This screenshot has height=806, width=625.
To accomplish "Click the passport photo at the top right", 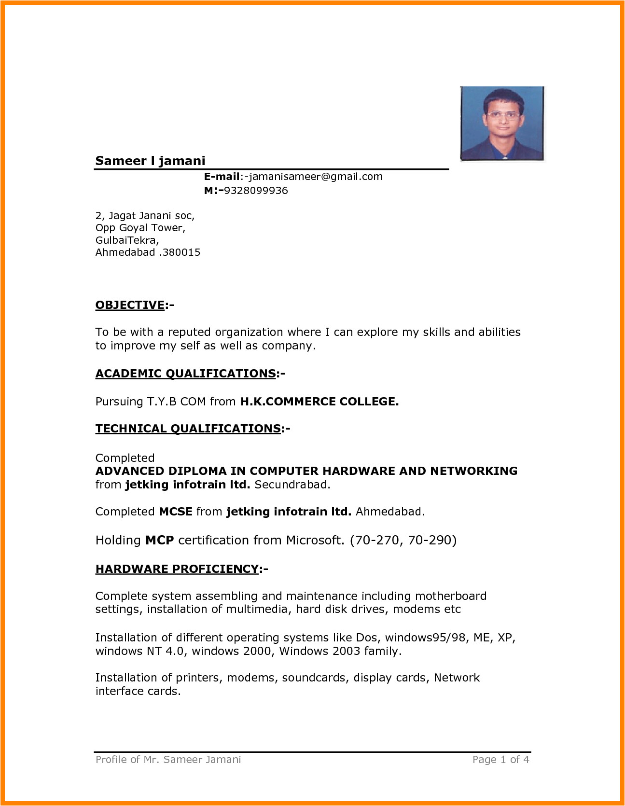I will click(502, 124).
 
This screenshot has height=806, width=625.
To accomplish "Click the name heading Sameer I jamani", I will click(150, 161).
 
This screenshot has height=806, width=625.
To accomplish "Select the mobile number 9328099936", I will click(256, 191).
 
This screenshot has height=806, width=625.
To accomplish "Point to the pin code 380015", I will click(181, 252).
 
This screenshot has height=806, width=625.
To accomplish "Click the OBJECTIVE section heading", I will click(130, 305).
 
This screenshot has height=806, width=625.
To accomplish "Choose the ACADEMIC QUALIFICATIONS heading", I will click(186, 374).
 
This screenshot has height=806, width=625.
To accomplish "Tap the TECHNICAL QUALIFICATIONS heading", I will click(188, 429).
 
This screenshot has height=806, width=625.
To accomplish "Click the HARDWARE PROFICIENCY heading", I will click(177, 569).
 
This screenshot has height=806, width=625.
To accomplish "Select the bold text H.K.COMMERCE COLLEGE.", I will click(319, 402).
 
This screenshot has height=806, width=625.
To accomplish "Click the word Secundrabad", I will click(292, 485).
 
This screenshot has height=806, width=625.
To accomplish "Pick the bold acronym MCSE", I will click(176, 512).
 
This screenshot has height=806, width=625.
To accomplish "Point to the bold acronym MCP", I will click(160, 540).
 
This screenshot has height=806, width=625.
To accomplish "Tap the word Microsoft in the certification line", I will click(315, 540).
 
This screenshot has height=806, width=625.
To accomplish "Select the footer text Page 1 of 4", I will click(500, 760).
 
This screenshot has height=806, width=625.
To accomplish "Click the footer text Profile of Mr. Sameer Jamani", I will click(168, 760).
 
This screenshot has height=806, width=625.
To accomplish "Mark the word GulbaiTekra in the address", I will click(126, 240).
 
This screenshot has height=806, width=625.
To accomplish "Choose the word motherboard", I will click(451, 596).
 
